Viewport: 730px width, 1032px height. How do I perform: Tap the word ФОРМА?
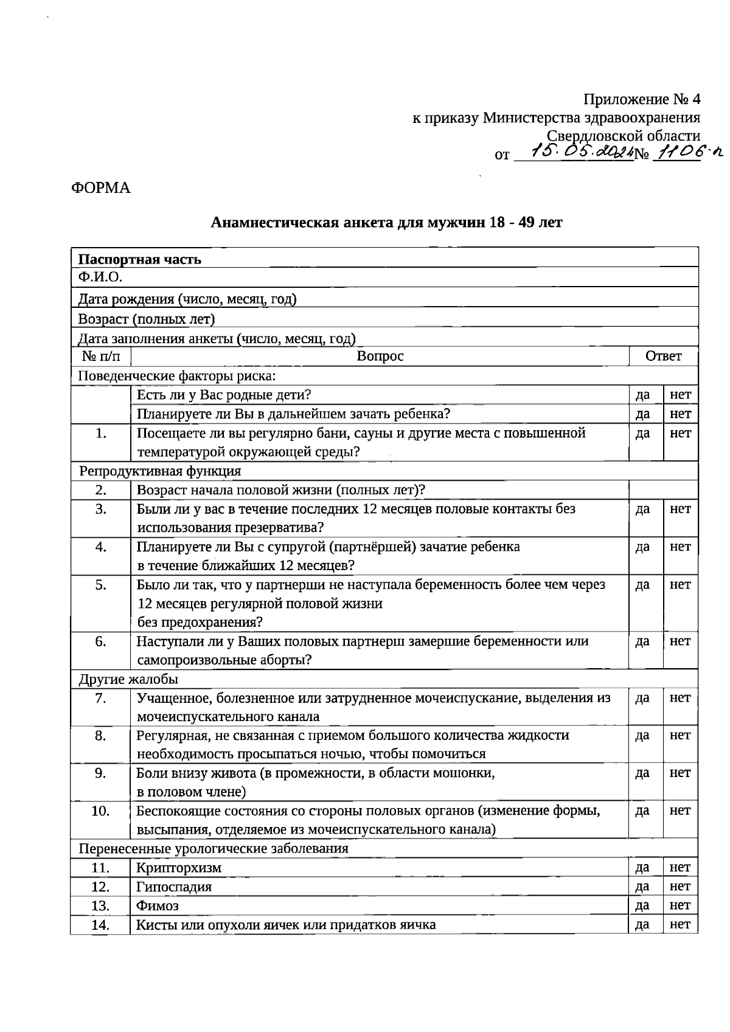point(101,187)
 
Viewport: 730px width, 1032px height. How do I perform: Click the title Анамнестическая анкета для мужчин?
point(386,222)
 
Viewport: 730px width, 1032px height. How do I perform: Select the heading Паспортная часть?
point(139,259)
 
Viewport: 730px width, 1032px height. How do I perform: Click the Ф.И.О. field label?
point(100,277)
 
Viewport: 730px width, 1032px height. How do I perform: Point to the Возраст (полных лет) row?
point(146,318)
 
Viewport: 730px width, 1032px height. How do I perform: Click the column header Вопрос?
point(380,356)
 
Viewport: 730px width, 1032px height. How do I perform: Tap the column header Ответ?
point(663,356)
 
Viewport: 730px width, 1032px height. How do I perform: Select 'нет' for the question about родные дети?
point(680,394)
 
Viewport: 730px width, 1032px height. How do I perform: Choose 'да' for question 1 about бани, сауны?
point(643,433)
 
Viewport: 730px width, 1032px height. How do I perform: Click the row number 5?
point(100,585)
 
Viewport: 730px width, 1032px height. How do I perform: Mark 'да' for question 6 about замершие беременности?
point(643,641)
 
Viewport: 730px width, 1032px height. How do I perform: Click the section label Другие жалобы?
point(128,679)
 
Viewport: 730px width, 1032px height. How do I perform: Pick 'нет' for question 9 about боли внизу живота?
point(680,773)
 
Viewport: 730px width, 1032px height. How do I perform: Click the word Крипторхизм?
point(179,868)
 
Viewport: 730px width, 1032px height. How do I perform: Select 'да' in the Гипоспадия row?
point(643,887)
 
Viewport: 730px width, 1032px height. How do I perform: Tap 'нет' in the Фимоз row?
point(680,905)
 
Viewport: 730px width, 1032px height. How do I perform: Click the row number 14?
point(100,925)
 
